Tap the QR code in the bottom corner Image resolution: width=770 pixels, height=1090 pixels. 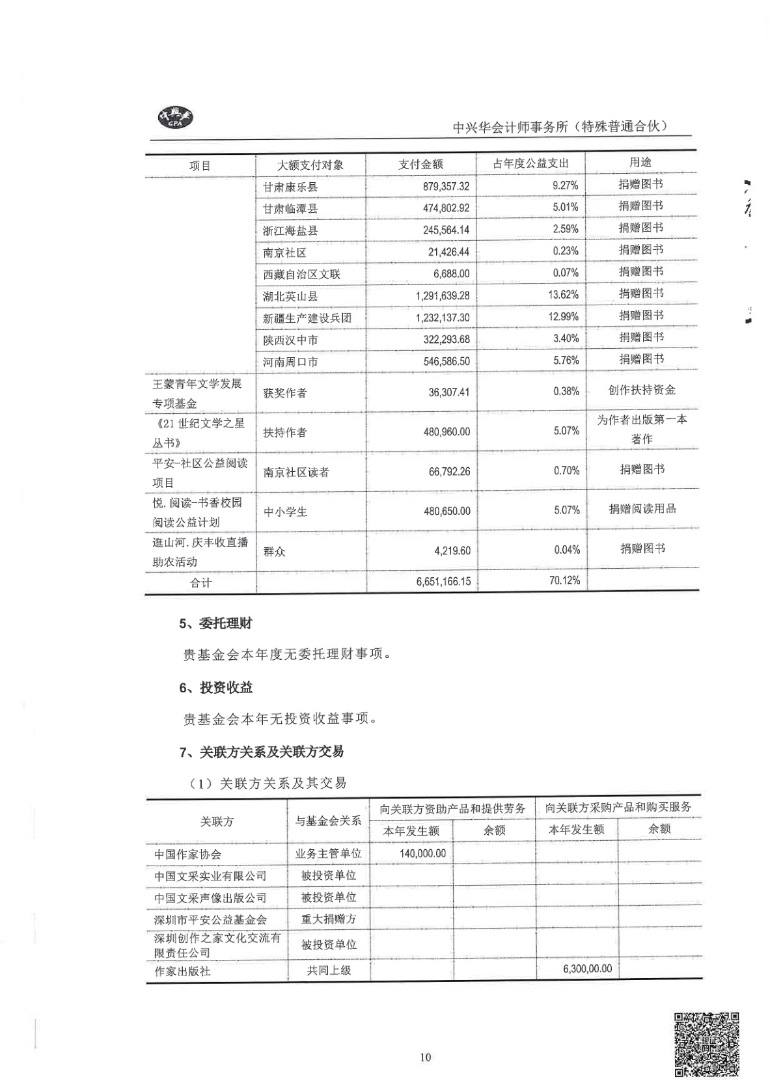click(x=706, y=1044)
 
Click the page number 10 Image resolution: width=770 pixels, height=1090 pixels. click(x=425, y=1057)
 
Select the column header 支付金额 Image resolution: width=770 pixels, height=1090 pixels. click(x=420, y=165)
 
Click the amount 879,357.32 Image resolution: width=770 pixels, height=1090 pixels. click(x=446, y=186)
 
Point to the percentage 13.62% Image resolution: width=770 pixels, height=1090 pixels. click(x=563, y=295)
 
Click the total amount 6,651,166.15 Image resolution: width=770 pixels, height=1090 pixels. click(x=443, y=581)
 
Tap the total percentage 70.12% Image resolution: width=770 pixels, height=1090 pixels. click(x=564, y=580)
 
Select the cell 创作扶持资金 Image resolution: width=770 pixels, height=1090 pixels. click(x=642, y=390)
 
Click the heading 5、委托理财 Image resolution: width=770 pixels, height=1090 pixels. click(x=215, y=623)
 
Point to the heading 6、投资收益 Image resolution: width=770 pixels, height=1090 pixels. click(x=216, y=687)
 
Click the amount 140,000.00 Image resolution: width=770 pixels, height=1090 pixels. click(x=423, y=853)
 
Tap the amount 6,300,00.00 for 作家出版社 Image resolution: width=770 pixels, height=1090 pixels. click(x=587, y=968)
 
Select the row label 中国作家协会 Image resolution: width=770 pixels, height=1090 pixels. click(x=187, y=854)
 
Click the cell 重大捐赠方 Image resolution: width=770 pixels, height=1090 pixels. click(x=329, y=919)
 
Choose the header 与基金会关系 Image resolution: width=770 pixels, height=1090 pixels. click(x=328, y=821)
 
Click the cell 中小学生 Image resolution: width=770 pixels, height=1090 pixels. click(x=285, y=512)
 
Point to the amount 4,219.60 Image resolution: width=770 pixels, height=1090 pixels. click(x=452, y=551)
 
